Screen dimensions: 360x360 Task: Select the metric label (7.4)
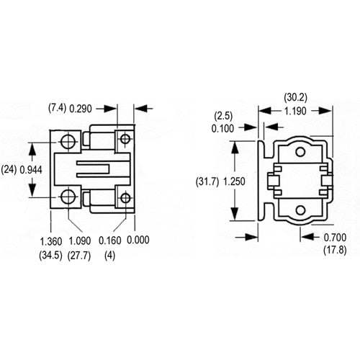pos(58,107)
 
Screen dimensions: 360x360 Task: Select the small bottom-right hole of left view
pos(125,197)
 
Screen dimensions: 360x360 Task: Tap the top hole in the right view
pos(300,152)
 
